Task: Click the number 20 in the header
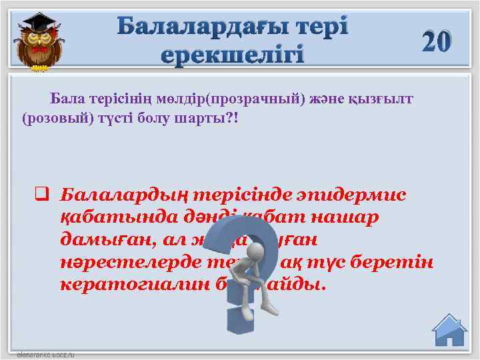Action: click(x=437, y=42)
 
